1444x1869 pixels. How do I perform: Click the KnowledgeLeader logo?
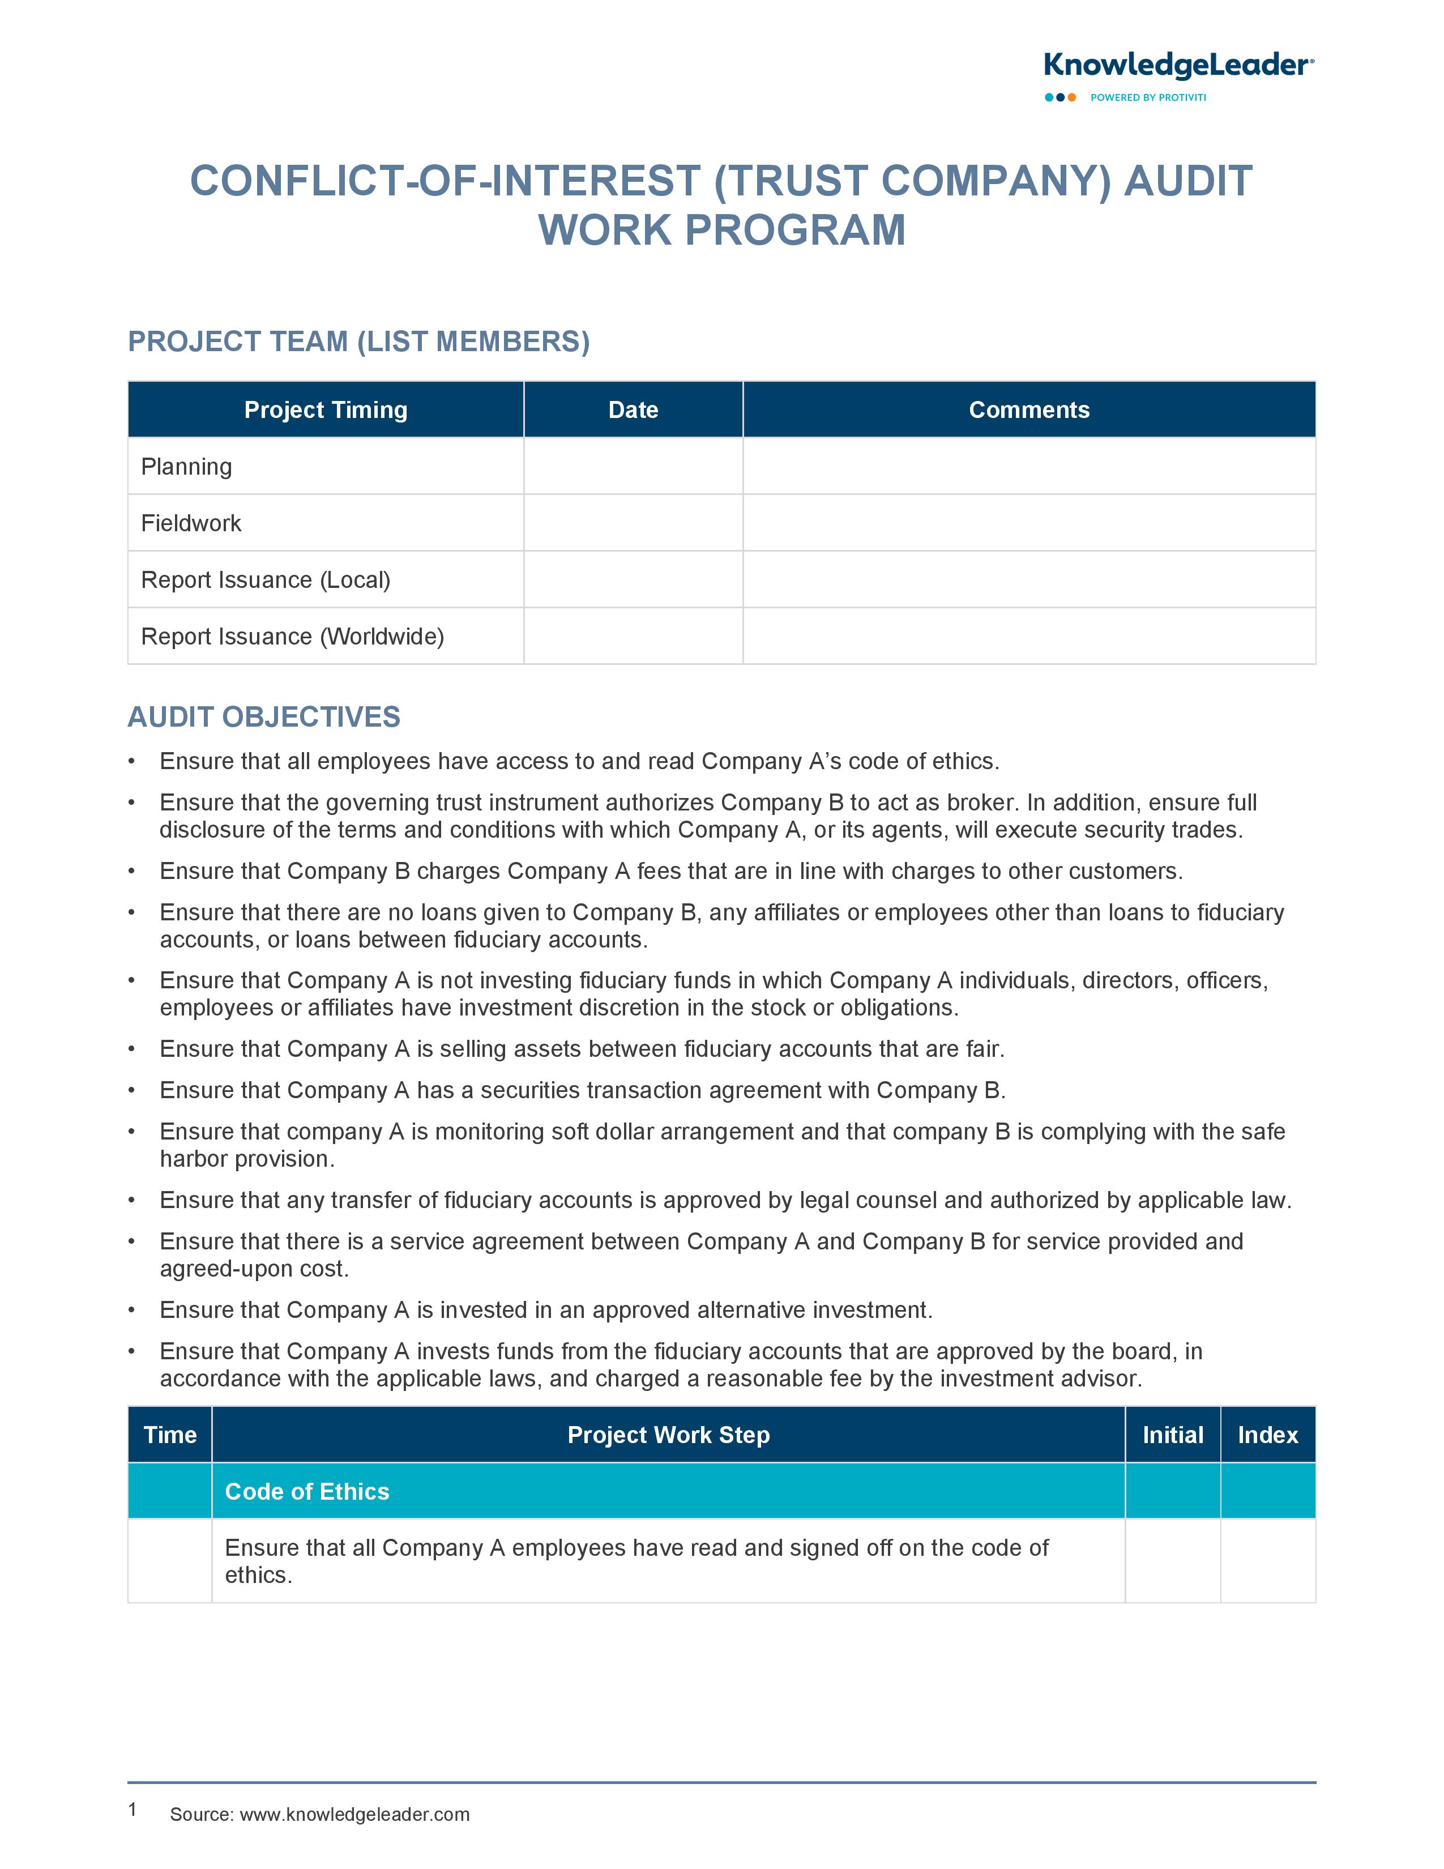coord(1178,66)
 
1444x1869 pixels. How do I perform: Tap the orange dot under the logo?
coord(1072,97)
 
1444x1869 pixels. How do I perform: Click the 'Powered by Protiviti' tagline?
coord(1148,97)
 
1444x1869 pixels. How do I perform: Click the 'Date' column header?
coord(633,410)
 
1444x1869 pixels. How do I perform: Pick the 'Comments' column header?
coord(1028,410)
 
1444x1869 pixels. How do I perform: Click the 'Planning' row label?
coord(186,466)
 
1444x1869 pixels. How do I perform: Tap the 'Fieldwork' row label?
coord(191,523)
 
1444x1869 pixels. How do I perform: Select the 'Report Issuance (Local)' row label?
coord(265,579)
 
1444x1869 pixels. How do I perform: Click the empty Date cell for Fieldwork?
coord(633,523)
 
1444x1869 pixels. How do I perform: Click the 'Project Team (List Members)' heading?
coord(358,342)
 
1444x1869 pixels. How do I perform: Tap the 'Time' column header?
coord(170,1435)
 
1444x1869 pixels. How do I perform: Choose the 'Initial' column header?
coord(1172,1435)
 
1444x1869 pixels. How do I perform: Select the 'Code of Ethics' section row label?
coord(307,1492)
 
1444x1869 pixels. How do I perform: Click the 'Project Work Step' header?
coord(668,1435)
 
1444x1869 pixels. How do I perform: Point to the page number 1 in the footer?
coord(133,1809)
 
